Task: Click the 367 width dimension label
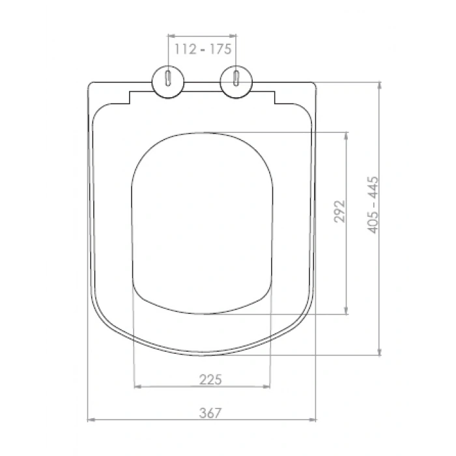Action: tap(210, 412)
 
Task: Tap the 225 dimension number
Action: tap(210, 380)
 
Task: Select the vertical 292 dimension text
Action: tap(339, 212)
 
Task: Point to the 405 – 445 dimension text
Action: tap(373, 205)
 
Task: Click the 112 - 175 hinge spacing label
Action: tap(203, 49)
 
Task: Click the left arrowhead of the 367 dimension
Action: tap(91, 420)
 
